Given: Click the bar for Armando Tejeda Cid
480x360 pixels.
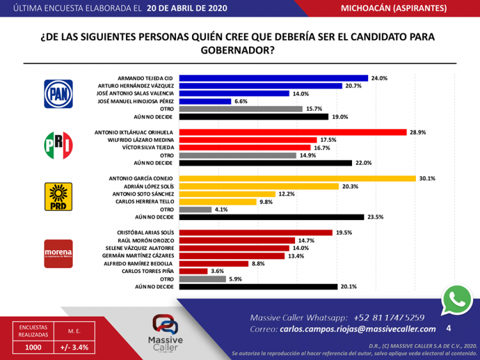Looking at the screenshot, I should click(x=273, y=78).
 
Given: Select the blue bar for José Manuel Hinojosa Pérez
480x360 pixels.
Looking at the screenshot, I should click(x=205, y=101).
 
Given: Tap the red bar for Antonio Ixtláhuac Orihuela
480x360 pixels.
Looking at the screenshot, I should click(x=292, y=132).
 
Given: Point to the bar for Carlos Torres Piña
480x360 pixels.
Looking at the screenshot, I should click(x=193, y=271).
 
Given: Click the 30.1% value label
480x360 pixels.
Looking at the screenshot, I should click(x=427, y=178).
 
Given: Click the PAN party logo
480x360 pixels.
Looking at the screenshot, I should click(x=58, y=94).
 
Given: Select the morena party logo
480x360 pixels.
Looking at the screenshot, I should click(x=58, y=254).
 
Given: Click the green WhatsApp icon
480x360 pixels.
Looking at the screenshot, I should click(x=456, y=299).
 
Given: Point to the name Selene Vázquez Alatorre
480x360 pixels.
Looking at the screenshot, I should click(x=139, y=248).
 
